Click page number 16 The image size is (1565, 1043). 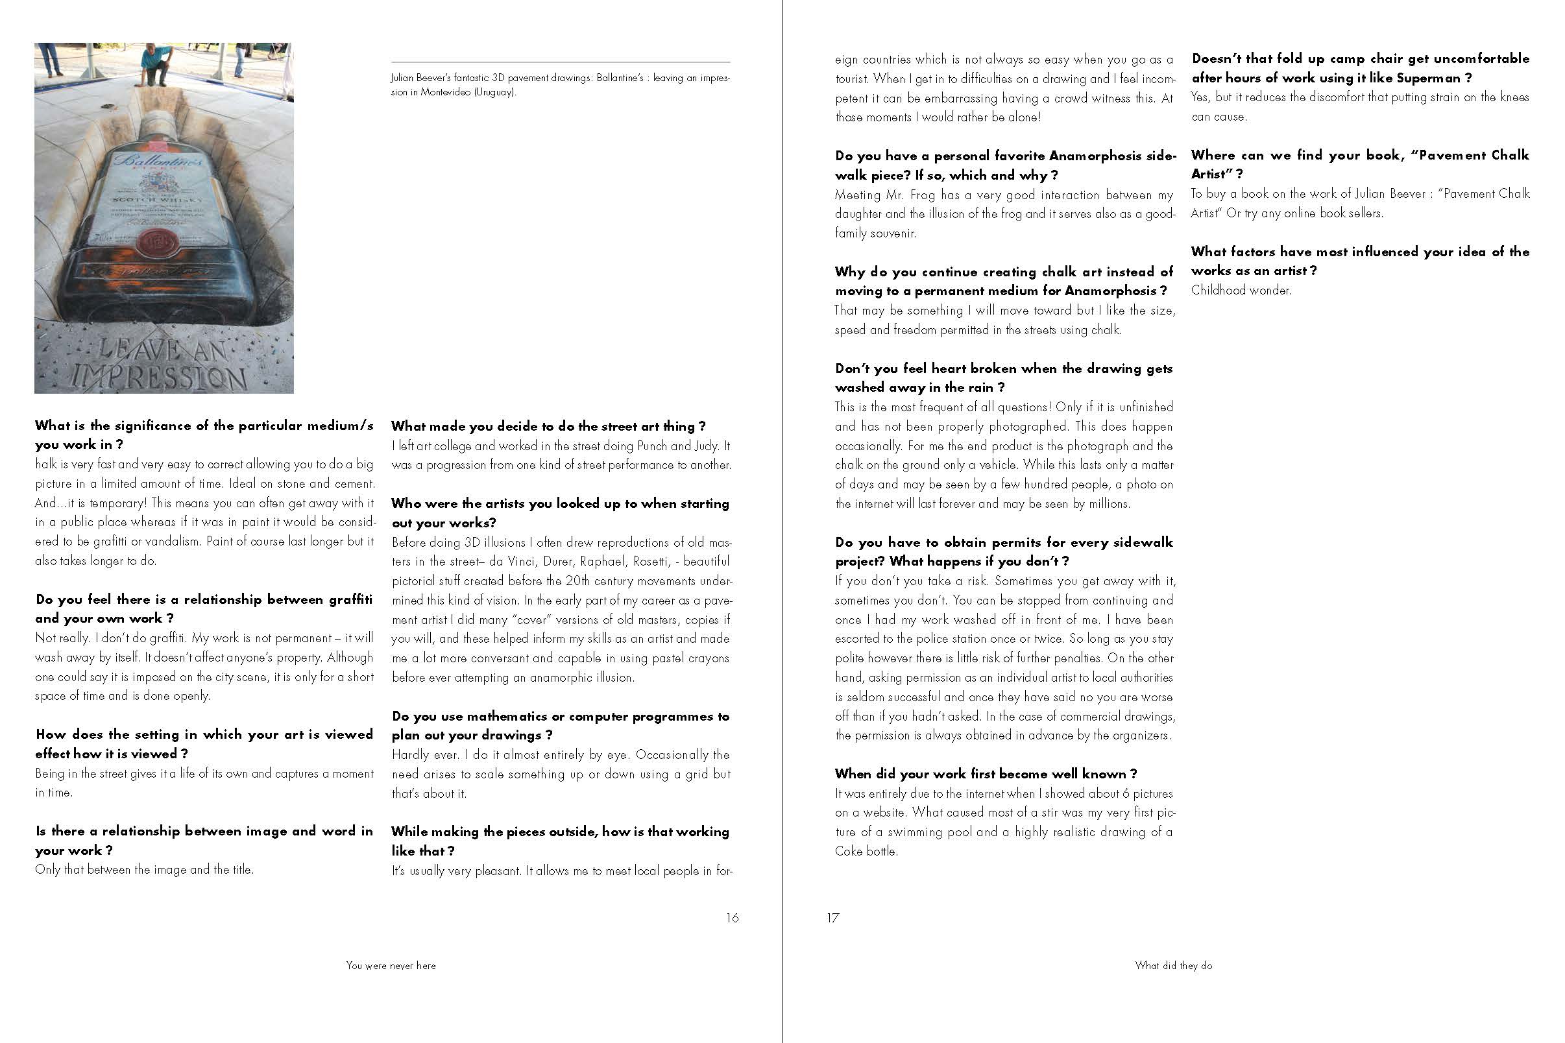point(732,918)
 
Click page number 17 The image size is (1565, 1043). point(833,918)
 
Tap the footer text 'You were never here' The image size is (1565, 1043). point(391,965)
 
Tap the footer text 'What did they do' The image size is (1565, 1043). point(1174,965)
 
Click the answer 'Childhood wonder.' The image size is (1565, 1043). point(1241,290)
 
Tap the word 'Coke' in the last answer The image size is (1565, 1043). point(849,851)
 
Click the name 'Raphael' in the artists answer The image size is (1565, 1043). point(601,562)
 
